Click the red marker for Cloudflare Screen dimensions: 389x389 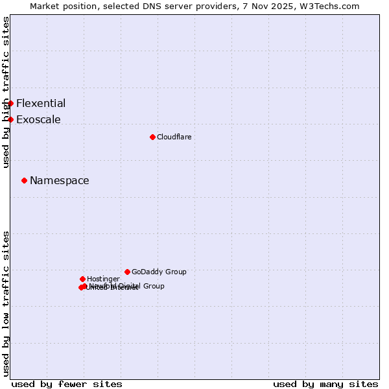pos(152,137)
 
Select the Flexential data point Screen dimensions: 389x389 pos(10,103)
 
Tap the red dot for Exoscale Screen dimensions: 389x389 pos(10,119)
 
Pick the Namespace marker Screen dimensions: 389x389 pos(24,180)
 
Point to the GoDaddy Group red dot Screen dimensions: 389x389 pos(127,272)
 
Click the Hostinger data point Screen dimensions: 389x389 pos(82,279)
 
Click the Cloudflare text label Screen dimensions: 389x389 pos(174,137)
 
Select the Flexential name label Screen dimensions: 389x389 pos(41,103)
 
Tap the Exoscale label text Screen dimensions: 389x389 pos(38,119)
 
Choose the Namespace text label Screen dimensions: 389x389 pos(60,180)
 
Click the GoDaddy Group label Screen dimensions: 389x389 pos(159,272)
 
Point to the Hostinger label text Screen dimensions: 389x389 pos(103,279)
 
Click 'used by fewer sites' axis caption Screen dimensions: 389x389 pos(67,384)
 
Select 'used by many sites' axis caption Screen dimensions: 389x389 pos(325,384)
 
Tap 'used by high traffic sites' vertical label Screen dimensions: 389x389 pos(6,92)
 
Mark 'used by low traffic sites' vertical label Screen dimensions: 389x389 pos(6,303)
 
